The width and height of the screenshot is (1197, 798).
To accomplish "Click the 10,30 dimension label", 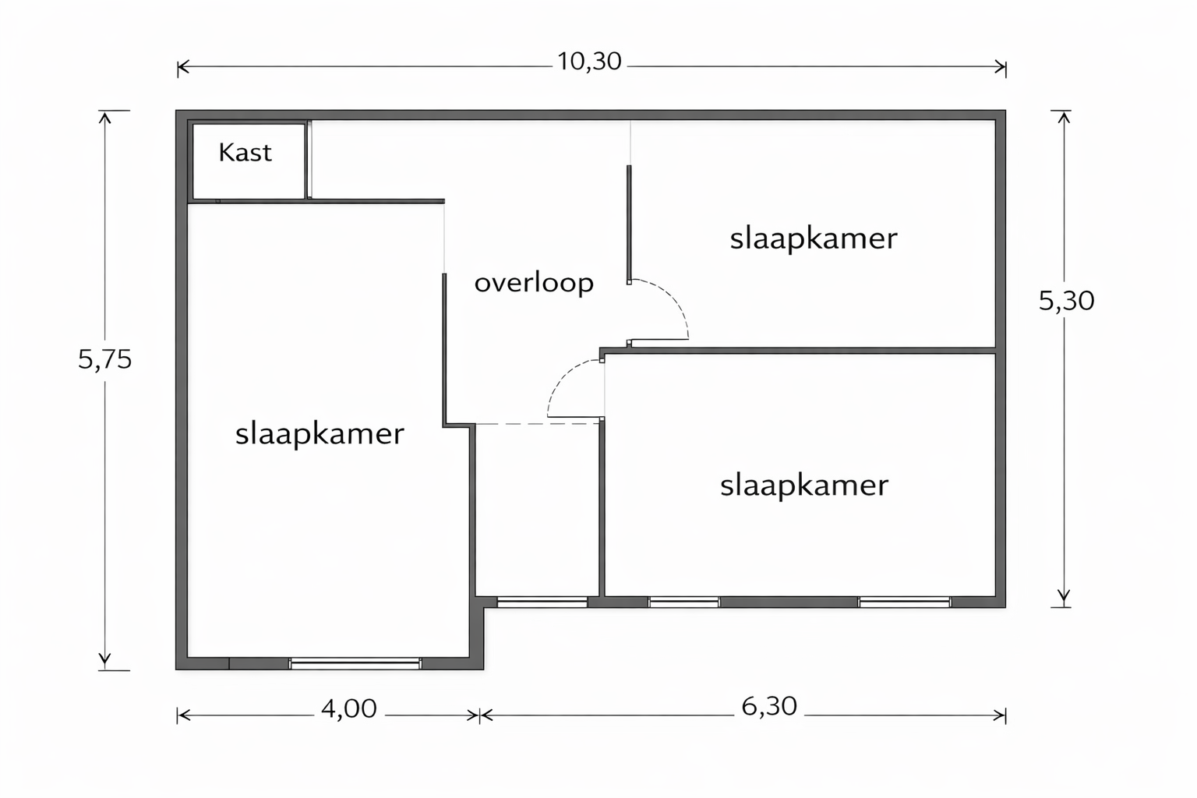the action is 589,62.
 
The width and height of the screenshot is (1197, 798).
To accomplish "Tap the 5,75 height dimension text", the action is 104,359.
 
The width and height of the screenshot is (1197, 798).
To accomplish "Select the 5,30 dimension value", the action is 1066,301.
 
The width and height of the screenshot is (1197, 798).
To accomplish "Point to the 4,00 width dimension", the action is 349,708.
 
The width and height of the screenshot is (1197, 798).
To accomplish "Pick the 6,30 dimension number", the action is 769,707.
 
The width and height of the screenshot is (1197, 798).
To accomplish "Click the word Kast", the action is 245,152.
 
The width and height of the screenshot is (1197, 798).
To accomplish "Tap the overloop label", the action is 534,283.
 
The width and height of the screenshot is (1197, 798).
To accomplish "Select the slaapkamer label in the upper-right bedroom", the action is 814,239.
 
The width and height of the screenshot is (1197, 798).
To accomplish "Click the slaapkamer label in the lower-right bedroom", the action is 804,486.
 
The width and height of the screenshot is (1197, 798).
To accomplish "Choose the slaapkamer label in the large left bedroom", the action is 320,434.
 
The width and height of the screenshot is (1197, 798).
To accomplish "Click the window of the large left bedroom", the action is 355,664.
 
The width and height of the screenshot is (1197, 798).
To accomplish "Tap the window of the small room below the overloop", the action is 542,602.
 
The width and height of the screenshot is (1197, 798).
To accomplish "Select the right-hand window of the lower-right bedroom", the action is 905,602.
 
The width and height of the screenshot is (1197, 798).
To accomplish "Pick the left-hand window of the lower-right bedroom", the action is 684,602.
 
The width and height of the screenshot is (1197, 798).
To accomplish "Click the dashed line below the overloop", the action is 538,424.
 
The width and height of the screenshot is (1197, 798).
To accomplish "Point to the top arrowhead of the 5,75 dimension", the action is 104,117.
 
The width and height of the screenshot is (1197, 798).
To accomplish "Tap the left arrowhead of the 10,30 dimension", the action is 183,67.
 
